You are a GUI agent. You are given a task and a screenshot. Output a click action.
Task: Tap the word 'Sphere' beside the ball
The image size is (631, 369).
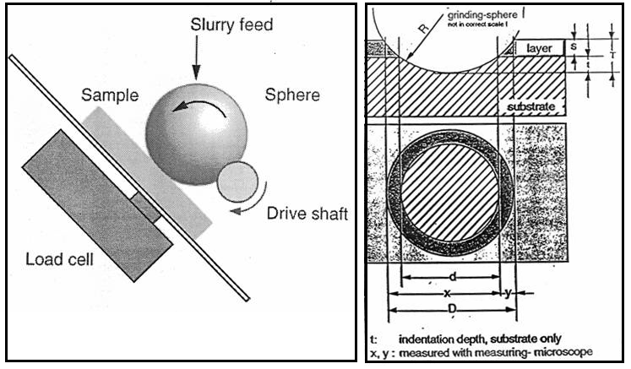pos(291,95)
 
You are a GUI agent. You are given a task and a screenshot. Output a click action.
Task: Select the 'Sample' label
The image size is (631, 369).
pos(110,95)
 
